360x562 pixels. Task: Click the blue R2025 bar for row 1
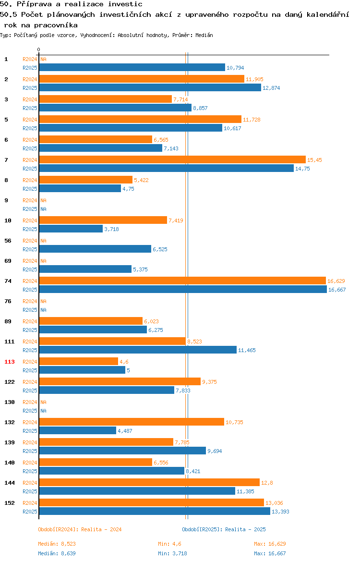[x=132, y=67]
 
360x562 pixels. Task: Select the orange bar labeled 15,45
[x=172, y=159]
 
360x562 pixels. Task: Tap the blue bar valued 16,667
[x=183, y=289]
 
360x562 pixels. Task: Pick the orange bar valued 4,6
[x=78, y=361]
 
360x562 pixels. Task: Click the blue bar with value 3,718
[x=71, y=229]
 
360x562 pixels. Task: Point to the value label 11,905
[x=254, y=79]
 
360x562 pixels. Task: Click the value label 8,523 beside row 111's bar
[x=194, y=342]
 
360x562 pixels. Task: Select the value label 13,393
[x=280, y=512]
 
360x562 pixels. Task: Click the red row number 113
[x=10, y=362]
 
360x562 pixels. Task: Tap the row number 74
[x=8, y=281]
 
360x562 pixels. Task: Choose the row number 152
[x=10, y=503]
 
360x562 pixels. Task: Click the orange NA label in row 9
[x=43, y=200]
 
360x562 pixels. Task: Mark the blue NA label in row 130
[x=43, y=411]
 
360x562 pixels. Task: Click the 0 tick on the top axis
[x=39, y=50]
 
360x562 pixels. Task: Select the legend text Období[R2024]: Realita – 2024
[x=80, y=529]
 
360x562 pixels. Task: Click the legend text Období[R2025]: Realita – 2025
[x=224, y=529]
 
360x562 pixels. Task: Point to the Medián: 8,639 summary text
[x=57, y=553]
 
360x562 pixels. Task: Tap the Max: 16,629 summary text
[x=270, y=544]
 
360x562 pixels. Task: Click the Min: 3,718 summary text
[x=173, y=553]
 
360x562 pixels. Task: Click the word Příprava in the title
[x=35, y=4]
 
